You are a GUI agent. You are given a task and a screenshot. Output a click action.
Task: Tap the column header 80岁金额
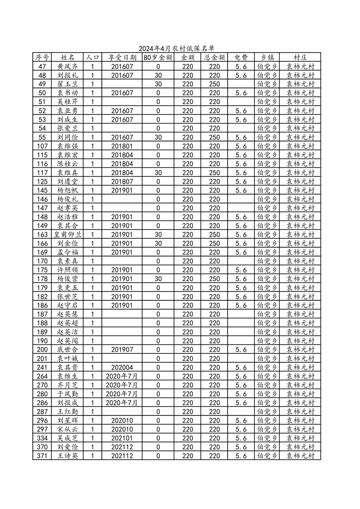click(x=158, y=58)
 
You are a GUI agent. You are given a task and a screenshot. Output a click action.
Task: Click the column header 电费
click(x=241, y=58)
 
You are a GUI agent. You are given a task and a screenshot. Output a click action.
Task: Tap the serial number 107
click(x=42, y=146)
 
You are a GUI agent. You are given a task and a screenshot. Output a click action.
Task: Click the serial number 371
click(x=42, y=456)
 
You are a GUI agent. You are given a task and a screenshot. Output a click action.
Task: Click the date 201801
click(x=122, y=146)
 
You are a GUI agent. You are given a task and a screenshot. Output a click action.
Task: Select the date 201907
click(x=122, y=350)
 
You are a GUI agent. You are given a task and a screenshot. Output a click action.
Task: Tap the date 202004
click(x=122, y=367)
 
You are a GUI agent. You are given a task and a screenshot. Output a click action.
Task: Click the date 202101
click(x=122, y=438)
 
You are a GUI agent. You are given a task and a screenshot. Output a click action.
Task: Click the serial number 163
click(x=42, y=235)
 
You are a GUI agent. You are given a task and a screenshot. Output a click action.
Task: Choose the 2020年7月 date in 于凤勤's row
click(x=122, y=394)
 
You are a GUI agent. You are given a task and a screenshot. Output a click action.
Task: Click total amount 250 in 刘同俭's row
click(x=214, y=137)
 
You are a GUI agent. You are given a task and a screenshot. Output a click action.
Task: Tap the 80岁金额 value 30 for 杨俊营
click(x=158, y=279)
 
